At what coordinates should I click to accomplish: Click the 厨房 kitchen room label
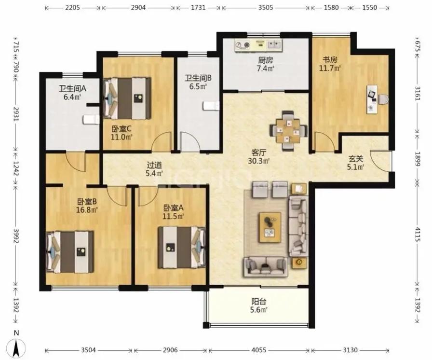266,60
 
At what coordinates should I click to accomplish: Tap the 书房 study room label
330,59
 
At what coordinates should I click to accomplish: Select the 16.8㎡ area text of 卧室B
87,210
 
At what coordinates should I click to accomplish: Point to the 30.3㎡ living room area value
259,161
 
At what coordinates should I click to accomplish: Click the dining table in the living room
288,131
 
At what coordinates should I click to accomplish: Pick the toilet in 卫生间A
91,120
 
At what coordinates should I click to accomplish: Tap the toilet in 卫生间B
211,106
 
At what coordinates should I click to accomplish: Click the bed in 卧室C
127,98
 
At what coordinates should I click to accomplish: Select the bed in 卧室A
182,247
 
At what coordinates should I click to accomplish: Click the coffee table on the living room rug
270,227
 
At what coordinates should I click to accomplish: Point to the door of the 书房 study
325,142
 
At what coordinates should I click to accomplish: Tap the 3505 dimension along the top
266,7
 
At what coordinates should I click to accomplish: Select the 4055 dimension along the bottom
259,350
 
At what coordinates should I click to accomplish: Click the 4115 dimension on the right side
418,235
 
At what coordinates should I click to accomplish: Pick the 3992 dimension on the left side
16,236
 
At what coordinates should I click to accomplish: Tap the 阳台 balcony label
259,302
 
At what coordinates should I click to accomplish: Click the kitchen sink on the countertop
274,44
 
